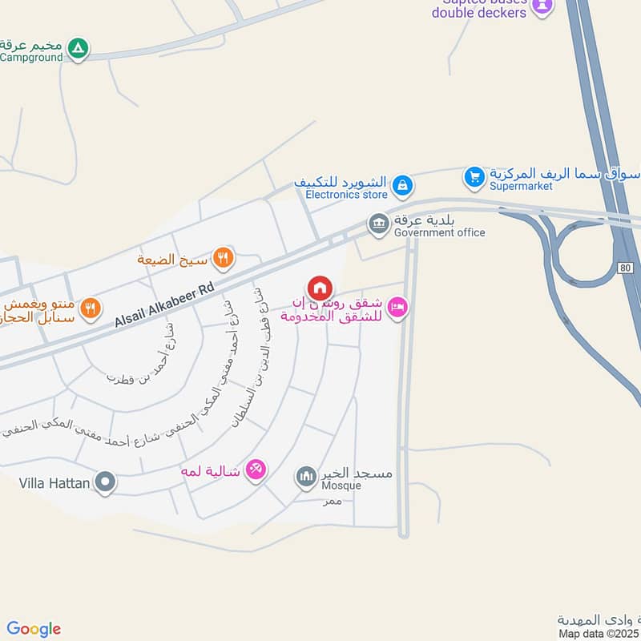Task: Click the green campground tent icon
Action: coord(77,50)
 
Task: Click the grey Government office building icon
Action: coord(379,224)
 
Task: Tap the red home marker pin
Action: coord(319,288)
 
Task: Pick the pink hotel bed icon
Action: coord(397,307)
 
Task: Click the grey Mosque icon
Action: coord(306,478)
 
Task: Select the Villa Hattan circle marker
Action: coord(105,482)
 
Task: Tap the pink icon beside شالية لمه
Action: coord(256,470)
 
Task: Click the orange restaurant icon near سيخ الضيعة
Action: coord(224,258)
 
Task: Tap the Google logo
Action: coord(34,629)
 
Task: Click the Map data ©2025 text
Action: coord(599,634)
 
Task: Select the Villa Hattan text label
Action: coord(54,483)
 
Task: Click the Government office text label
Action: coord(439,232)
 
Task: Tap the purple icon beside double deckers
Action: coord(542,8)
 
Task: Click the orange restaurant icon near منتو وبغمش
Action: coord(91,306)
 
